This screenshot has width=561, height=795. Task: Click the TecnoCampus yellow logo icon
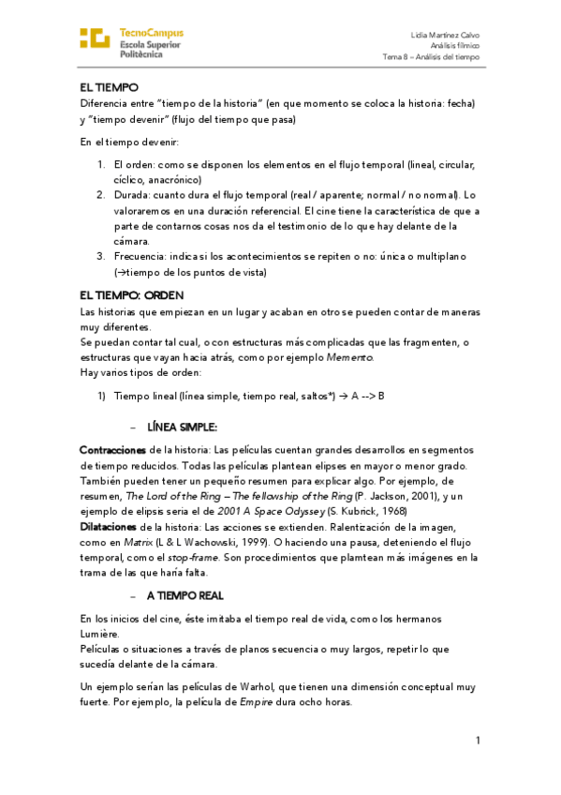point(96,37)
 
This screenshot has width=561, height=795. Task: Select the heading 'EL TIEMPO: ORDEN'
point(125,295)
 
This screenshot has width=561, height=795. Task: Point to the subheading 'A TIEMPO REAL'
point(185,595)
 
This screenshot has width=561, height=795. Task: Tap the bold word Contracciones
point(113,451)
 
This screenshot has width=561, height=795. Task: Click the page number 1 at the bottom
point(478,742)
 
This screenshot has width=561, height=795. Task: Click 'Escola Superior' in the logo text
point(150,44)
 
